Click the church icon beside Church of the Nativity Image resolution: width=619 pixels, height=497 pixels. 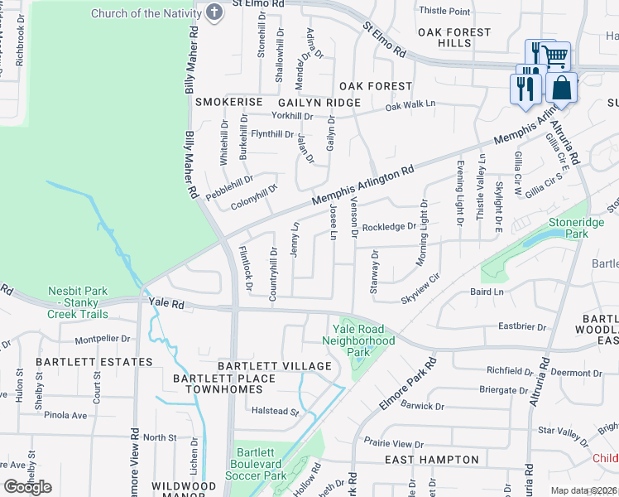[x=214, y=12]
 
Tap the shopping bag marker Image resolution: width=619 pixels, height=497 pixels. [x=561, y=87]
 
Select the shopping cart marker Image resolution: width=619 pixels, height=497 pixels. [x=556, y=55]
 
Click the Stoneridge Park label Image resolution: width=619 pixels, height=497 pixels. [x=568, y=229]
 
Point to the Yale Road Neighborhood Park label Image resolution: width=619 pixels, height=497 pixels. [x=358, y=340]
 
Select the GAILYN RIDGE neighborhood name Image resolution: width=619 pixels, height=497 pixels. [x=324, y=102]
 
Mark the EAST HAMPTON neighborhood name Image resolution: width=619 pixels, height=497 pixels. [x=432, y=459]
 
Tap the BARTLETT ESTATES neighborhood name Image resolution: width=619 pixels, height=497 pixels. [x=94, y=362]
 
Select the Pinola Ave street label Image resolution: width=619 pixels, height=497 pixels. [x=65, y=415]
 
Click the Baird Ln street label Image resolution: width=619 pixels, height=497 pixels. [x=487, y=292]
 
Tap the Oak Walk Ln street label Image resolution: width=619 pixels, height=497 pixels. [x=410, y=105]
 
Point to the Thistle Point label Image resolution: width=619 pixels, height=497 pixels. [x=444, y=11]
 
